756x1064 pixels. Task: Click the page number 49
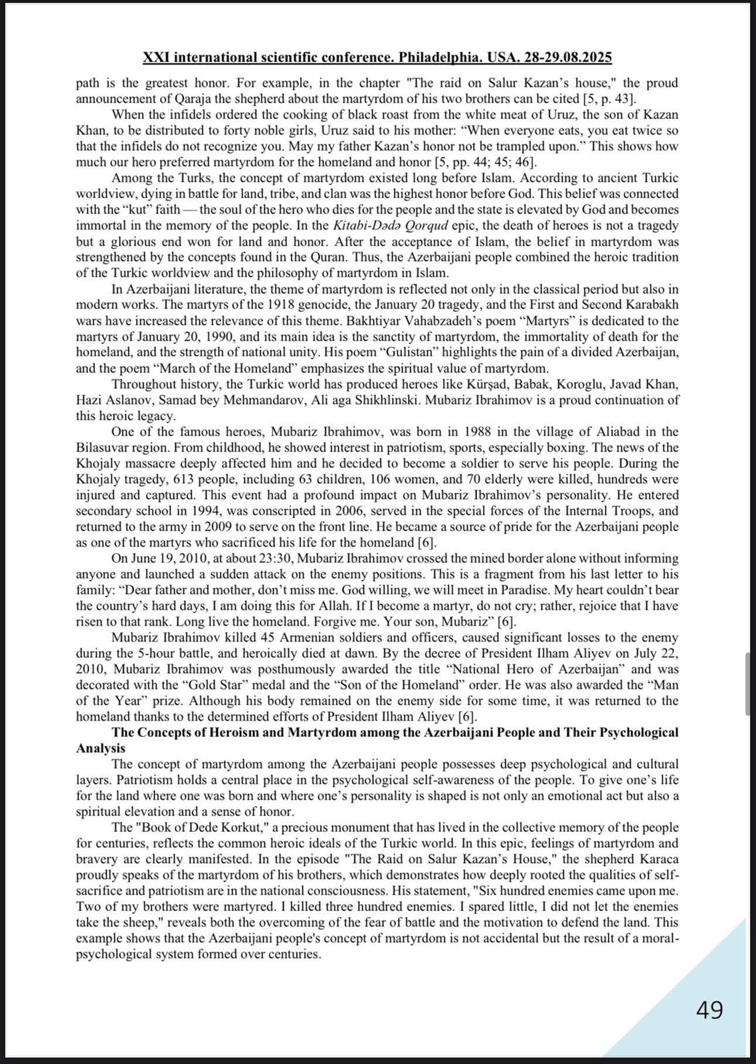[x=709, y=1010]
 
